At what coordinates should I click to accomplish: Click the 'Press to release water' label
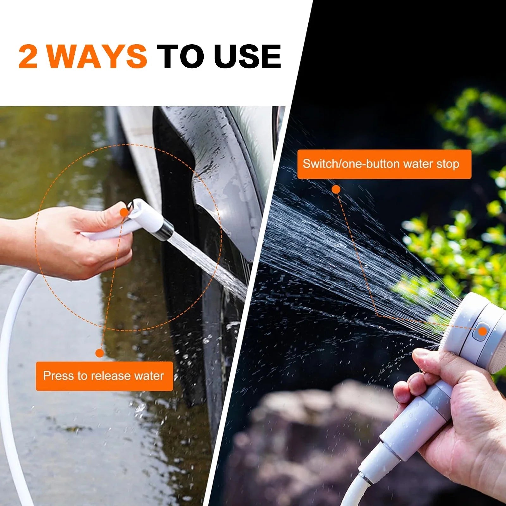104,376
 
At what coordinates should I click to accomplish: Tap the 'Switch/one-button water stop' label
384,164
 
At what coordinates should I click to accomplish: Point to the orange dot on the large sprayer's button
482,331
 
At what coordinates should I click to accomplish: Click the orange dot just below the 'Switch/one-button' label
336,189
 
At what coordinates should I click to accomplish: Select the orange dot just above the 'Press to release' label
100,353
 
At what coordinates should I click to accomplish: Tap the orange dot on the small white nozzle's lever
124,212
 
